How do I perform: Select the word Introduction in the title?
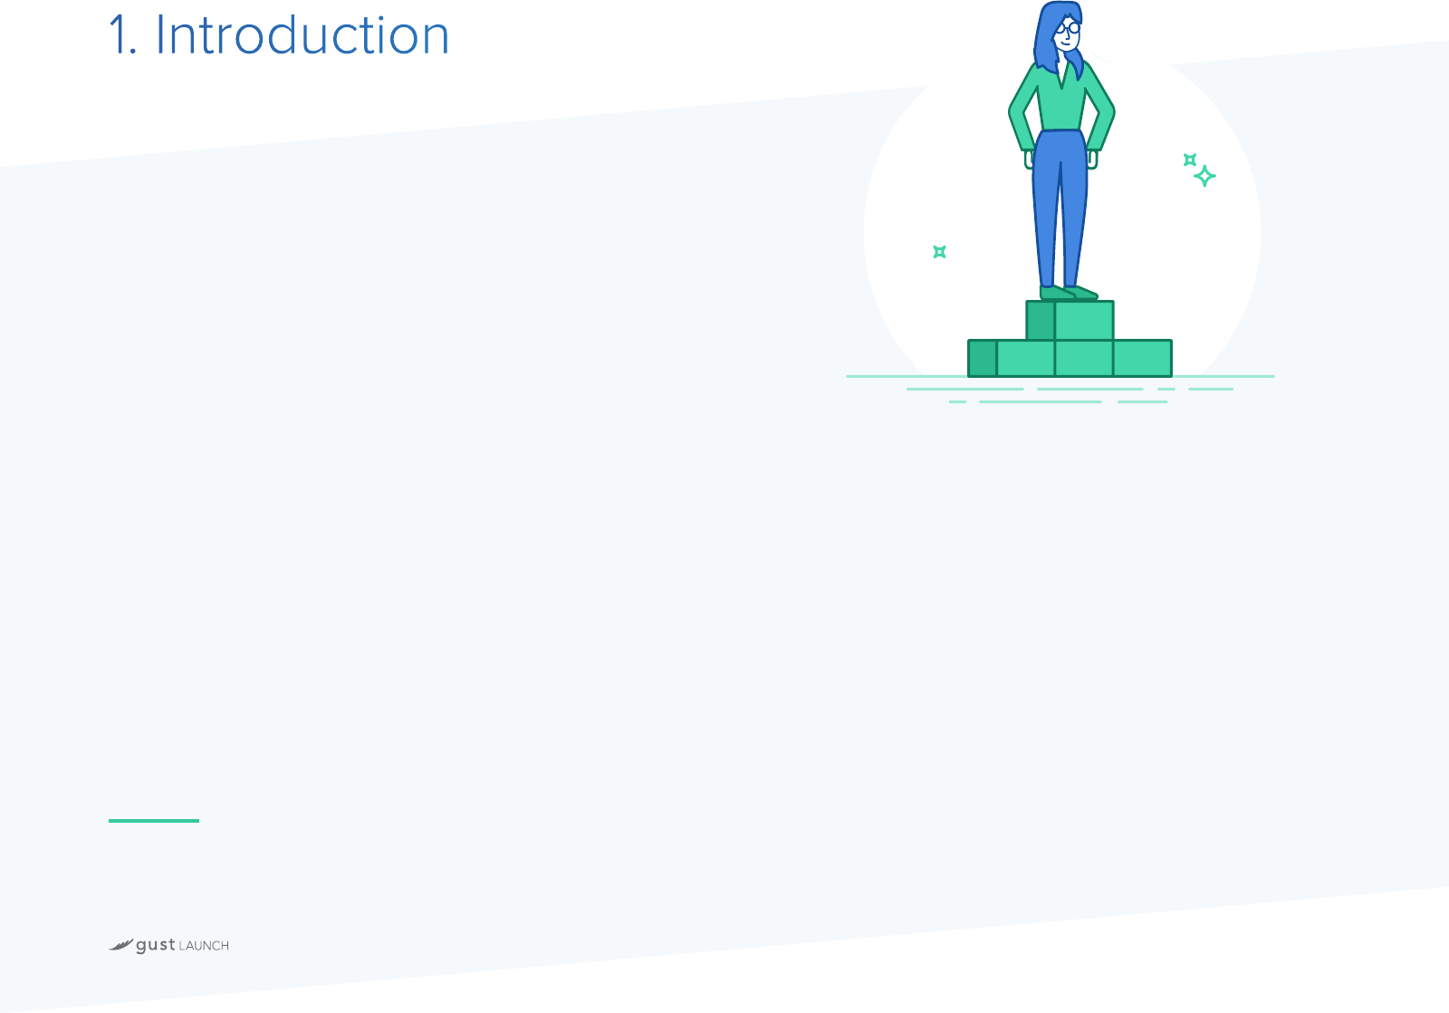302,35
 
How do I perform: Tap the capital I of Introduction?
160,35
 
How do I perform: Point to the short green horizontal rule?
154,821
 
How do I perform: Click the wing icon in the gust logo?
121,945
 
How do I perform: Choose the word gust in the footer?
155,946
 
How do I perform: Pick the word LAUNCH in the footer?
204,946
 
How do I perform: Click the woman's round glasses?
1069,28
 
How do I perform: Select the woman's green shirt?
1061,103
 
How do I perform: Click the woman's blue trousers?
1060,207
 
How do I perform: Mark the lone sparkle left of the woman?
940,252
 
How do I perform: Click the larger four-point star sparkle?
1204,176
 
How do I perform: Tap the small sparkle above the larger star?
1190,159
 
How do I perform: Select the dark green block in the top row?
1041,320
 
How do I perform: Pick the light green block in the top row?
1084,320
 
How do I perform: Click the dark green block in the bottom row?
982,358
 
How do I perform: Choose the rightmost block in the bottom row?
1142,358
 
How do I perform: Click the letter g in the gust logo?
141,947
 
